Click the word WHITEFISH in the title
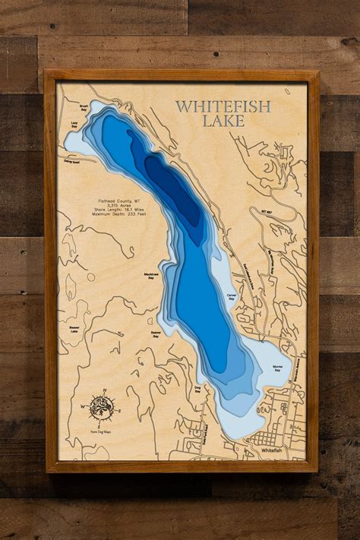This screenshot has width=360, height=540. (223, 106)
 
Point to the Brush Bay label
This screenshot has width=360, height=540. (74, 109)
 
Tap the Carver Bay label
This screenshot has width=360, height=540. (232, 297)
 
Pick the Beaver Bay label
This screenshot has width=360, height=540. (156, 333)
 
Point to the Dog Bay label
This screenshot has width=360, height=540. (197, 389)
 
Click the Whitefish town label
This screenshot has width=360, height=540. (271, 450)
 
